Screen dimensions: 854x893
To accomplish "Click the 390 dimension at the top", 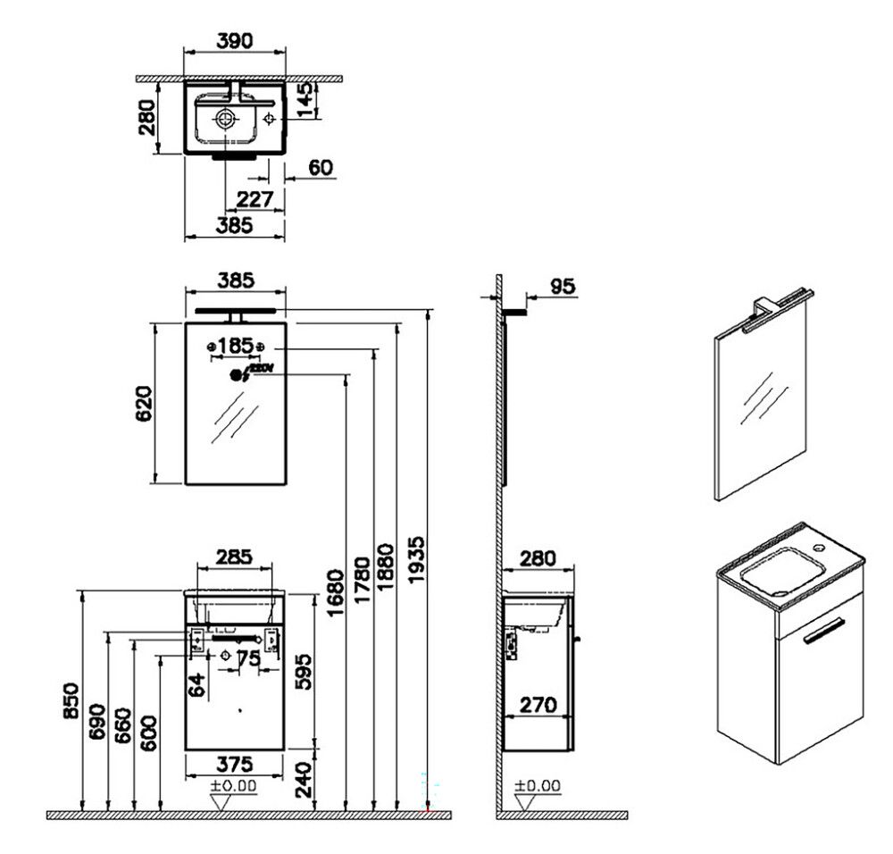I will [x=235, y=40].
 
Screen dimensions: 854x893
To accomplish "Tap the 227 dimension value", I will [x=255, y=199].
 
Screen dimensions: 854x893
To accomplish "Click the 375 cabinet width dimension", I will [x=235, y=765].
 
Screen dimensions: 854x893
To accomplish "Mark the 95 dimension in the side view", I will [x=561, y=286].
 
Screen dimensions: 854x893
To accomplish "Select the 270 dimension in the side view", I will [x=538, y=705].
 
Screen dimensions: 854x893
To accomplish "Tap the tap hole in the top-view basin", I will [x=269, y=119].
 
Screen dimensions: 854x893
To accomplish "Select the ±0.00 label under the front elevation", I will [x=234, y=786].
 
